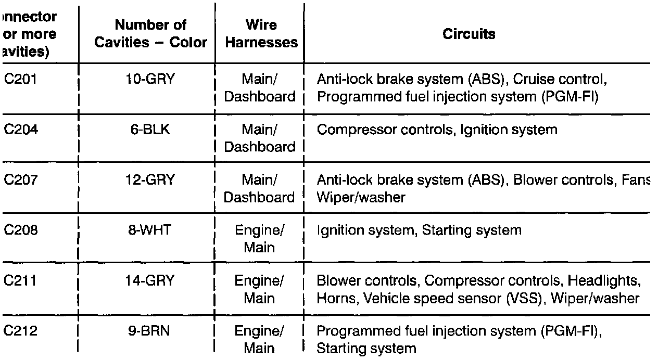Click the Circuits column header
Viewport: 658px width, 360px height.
coord(469,34)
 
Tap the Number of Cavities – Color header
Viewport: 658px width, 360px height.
coord(150,33)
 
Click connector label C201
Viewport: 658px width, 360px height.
coord(21,80)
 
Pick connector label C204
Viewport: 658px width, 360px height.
coord(21,130)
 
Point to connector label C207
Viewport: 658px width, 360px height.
coord(21,180)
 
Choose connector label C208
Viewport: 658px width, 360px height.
coord(21,230)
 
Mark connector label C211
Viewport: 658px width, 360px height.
coord(21,280)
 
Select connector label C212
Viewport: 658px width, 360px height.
coord(21,331)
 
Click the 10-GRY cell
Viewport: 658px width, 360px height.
coord(150,80)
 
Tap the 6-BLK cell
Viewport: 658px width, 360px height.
coord(150,130)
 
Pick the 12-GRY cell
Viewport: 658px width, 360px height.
coord(150,180)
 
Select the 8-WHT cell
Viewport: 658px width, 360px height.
coord(150,230)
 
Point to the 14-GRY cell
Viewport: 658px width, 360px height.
coord(150,280)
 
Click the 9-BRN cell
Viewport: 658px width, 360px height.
coord(150,331)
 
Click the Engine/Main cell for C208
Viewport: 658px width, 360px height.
coord(259,238)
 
